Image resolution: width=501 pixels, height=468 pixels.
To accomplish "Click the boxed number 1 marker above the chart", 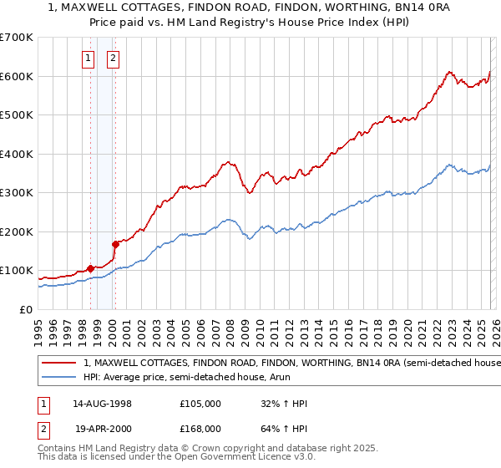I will click(89, 58).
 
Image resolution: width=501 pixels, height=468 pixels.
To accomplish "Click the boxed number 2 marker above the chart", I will click(113, 58).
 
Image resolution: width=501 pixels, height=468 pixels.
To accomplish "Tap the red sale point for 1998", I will click(90, 268).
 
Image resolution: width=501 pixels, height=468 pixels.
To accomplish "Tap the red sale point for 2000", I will click(115, 244).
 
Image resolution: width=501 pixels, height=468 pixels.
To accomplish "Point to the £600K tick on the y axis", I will click(17, 76).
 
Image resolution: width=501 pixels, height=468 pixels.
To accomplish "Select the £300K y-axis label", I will click(17, 193).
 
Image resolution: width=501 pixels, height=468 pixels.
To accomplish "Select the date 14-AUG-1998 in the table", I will click(102, 404).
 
